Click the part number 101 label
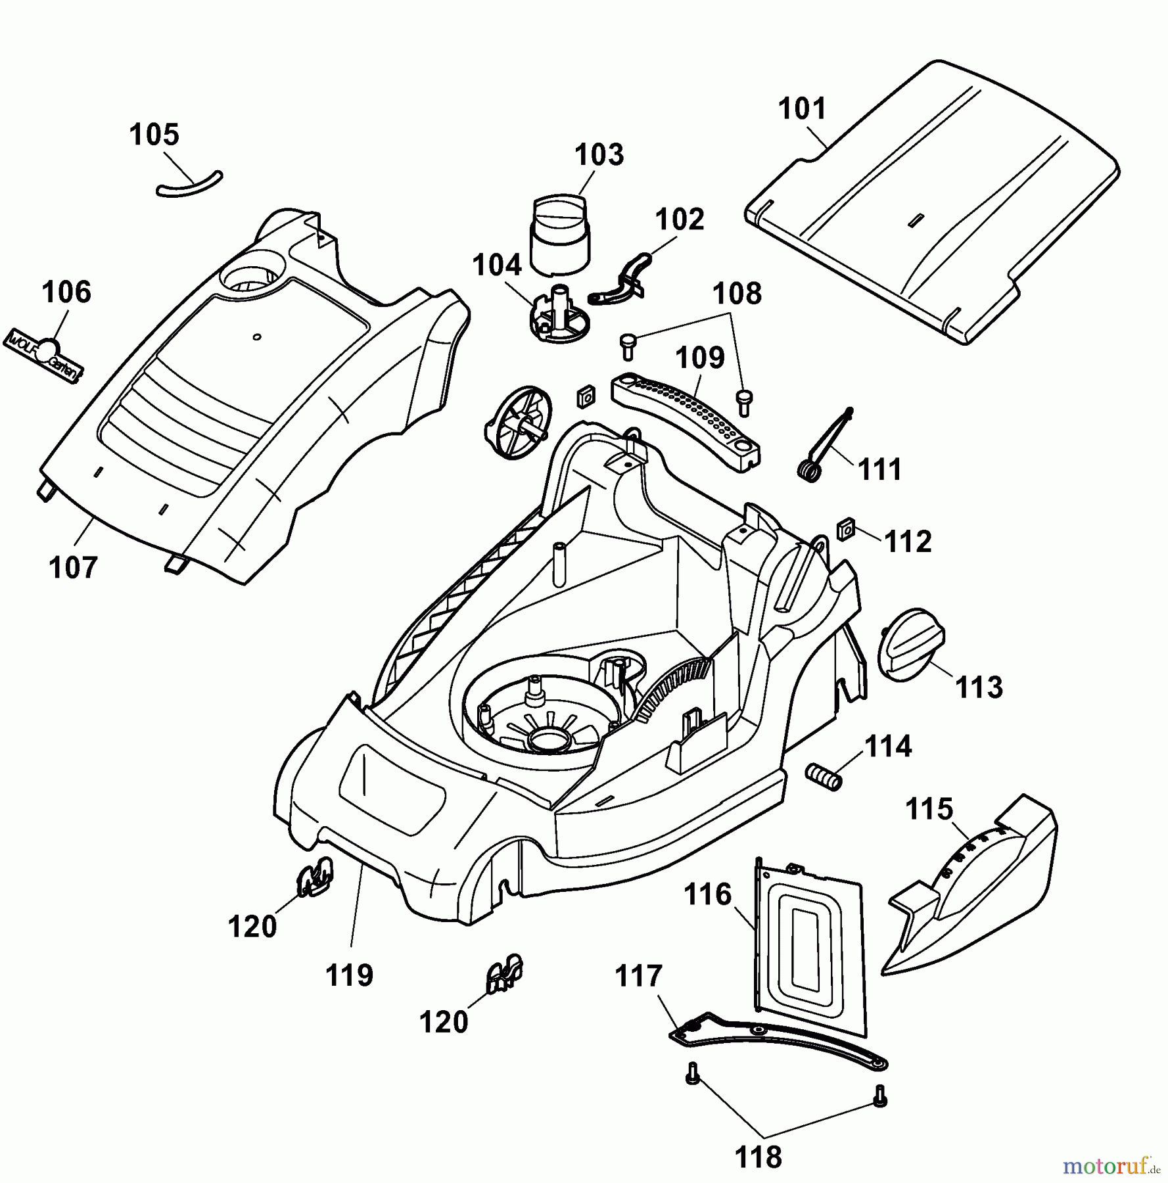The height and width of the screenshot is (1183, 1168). [802, 109]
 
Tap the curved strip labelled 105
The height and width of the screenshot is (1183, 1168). [190, 185]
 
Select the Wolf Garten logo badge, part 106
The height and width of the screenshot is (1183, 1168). [45, 356]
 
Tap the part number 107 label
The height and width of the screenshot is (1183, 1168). [73, 567]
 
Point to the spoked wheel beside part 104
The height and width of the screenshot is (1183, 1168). [517, 422]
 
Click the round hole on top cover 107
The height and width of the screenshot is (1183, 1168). [254, 279]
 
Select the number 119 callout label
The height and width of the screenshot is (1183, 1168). [350, 975]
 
